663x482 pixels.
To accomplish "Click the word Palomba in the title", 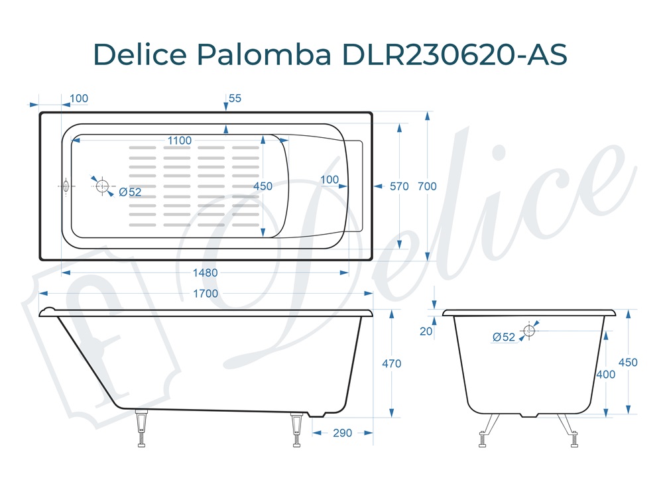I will coord(263,54).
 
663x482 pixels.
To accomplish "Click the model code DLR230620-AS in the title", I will coord(454,54).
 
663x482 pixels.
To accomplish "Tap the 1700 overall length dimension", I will coord(206,293).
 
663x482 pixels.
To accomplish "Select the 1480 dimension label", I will coord(206,272).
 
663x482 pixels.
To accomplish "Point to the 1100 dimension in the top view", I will coord(180,141).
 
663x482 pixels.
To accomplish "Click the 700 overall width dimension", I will coord(427,186).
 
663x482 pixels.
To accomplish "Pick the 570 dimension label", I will coord(399,186).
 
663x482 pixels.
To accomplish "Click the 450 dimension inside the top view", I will coord(263,186).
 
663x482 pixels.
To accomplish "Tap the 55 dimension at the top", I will coord(235,98).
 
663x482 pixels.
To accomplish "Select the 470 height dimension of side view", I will coord(392,363).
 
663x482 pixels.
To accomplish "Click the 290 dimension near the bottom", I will coord(342,433).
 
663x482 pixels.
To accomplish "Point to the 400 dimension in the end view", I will coord(605,374).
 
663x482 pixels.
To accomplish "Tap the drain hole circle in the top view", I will coord(102,186).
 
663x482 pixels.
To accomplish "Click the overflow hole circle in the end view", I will coord(529,330).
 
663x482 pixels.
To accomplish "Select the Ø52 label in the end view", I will coord(504,337).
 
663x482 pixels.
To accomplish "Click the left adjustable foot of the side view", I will coord(141,429).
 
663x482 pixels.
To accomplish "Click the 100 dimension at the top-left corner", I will coord(78,99).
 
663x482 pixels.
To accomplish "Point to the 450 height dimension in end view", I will coord(628,363).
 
